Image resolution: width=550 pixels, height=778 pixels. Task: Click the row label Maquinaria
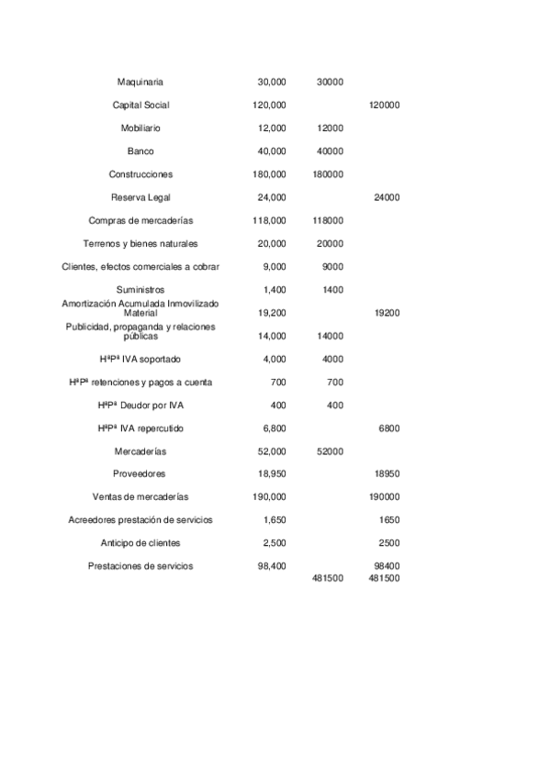(140, 83)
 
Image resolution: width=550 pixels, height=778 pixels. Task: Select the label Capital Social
(140, 106)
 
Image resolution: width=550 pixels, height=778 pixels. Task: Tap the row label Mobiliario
(140, 128)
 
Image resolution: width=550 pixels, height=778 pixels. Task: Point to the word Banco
(140, 151)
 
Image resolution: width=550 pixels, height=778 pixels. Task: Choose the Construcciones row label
(140, 174)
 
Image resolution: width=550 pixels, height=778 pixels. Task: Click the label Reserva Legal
(140, 197)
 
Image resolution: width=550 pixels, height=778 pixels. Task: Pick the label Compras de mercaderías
(140, 220)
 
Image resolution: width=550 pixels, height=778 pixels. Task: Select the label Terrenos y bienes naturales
(140, 244)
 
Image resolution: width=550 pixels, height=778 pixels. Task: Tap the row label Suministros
(140, 290)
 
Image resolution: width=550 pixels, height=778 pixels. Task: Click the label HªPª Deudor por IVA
(140, 405)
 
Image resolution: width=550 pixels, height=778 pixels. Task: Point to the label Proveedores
(140, 474)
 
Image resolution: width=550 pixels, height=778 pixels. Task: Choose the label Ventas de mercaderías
(140, 497)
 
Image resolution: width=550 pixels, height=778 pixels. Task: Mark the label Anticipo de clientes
(140, 543)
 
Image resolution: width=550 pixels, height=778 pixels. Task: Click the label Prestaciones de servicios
(140, 566)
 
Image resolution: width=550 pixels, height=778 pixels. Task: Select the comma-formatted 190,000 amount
(269, 497)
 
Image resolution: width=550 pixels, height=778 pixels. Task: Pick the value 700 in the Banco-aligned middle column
(334, 382)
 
